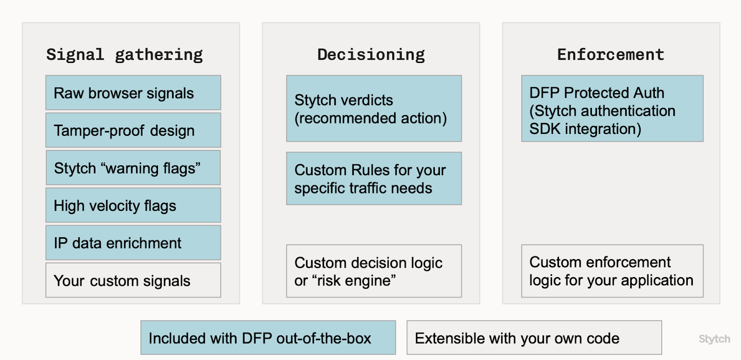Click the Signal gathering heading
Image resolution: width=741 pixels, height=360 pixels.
tap(124, 55)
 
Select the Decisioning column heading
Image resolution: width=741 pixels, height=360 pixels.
tap(370, 55)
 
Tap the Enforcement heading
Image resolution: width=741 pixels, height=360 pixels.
tap(610, 55)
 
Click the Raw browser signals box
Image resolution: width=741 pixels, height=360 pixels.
tap(133, 93)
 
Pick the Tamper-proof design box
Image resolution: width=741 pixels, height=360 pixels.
tap(133, 131)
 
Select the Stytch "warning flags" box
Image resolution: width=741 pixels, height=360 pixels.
tap(133, 168)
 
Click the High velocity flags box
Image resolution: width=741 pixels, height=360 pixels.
tap(133, 206)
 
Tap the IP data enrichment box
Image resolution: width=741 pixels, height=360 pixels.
tap(133, 243)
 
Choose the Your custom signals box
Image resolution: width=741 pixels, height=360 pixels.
tap(133, 281)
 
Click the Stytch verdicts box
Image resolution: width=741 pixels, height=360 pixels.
tap(374, 109)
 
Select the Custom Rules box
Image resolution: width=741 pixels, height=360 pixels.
tap(374, 179)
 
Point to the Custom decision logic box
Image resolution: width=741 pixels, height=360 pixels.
tap(374, 272)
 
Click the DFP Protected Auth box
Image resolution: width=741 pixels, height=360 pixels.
tap(612, 109)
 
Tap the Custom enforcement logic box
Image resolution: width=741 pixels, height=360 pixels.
tap(612, 272)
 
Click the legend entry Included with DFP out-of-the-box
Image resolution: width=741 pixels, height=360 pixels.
tap(268, 338)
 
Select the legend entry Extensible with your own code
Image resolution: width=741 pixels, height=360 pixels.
tap(534, 338)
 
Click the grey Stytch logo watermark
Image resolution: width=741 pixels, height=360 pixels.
tap(714, 339)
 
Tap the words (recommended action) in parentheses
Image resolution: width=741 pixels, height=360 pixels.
tap(370, 118)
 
